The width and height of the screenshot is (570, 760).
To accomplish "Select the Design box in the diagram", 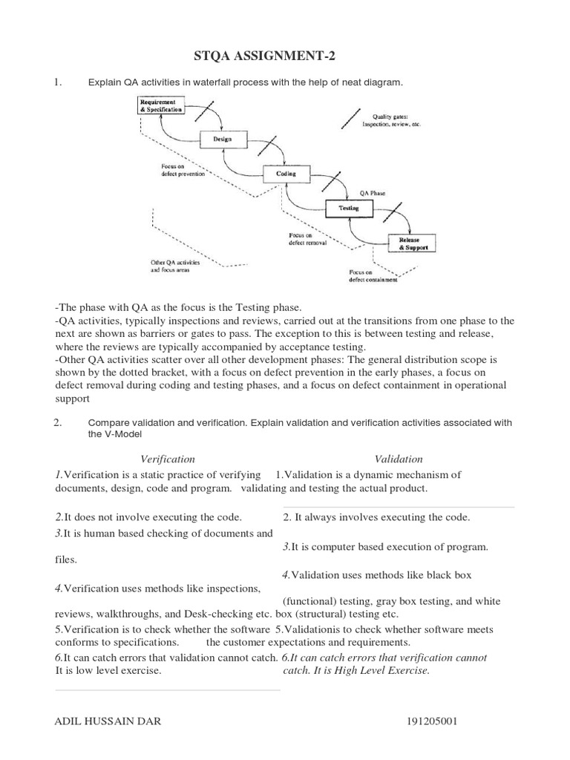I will click(x=221, y=139).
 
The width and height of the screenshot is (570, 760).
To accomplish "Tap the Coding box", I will click(x=286, y=174).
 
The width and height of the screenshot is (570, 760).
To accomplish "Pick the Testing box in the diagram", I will click(x=349, y=209).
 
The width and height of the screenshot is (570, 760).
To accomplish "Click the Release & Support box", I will click(x=413, y=243).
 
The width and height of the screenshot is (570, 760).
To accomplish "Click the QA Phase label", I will click(x=373, y=191).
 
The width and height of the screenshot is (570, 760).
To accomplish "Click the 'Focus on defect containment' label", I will click(x=373, y=276).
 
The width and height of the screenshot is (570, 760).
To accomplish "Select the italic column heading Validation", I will click(x=399, y=459).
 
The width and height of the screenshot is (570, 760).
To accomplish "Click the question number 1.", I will click(x=56, y=82).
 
